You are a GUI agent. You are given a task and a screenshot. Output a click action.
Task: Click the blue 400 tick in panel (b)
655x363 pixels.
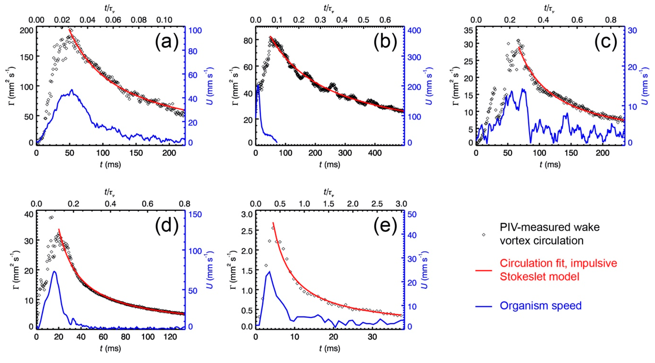pos(414,30)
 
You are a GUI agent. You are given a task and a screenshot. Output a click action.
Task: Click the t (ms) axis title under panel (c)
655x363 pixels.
pos(550,165)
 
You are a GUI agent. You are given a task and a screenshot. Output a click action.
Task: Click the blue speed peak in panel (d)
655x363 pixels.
pos(54,271)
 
